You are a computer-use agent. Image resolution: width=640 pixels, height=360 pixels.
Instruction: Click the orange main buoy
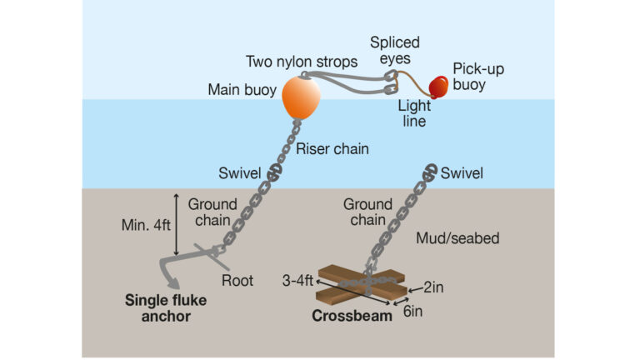[301, 97]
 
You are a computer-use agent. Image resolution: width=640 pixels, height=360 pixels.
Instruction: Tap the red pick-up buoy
[437, 86]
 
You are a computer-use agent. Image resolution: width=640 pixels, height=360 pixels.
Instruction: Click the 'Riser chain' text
[330, 150]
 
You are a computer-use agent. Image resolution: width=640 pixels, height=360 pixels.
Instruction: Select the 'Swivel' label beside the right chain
[462, 173]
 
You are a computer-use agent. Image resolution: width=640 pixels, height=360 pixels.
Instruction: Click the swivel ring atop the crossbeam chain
[428, 172]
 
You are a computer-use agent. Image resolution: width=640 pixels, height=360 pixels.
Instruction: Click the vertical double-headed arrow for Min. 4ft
[175, 224]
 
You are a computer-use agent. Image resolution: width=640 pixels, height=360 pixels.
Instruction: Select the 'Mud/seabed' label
[457, 238]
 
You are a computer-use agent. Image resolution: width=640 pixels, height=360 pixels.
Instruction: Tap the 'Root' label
[238, 281]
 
